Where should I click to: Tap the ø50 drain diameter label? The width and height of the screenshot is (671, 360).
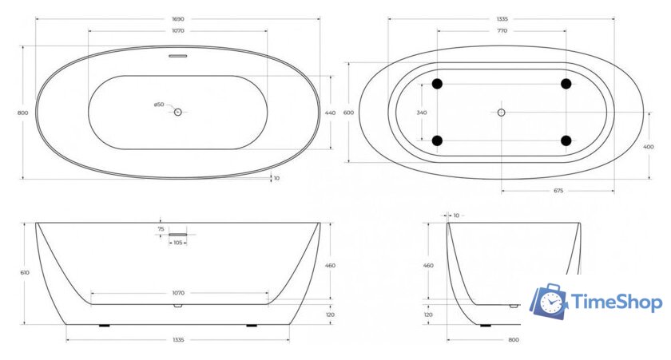pos(159,105)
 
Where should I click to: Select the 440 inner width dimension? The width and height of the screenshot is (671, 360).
pos(330,113)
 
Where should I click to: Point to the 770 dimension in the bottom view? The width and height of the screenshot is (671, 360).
pos(502,30)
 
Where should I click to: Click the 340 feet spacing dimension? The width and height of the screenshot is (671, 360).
pos(421,113)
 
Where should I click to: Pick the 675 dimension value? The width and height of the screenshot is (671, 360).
pos(558,191)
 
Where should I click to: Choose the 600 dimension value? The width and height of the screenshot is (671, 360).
pos(348,113)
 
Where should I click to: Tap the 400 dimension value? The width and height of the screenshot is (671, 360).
pos(648,146)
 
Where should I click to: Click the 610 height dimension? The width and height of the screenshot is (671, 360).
pos(24,272)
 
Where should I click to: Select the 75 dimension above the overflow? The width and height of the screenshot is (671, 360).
pos(161,228)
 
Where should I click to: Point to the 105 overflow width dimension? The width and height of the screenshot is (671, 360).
pos(178,242)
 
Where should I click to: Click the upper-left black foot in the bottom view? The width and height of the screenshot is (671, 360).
pos(437,84)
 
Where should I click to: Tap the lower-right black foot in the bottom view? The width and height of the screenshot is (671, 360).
pos(566,140)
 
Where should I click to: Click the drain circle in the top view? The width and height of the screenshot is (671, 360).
pos(178,113)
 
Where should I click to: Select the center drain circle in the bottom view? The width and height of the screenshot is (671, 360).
pos(502,113)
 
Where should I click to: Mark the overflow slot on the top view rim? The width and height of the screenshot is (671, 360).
pos(178,56)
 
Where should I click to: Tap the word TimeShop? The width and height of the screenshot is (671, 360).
pos(617,303)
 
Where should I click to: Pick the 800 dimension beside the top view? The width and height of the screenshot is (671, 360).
pos(22,113)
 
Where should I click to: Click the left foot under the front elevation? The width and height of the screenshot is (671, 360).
pos(103,326)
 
